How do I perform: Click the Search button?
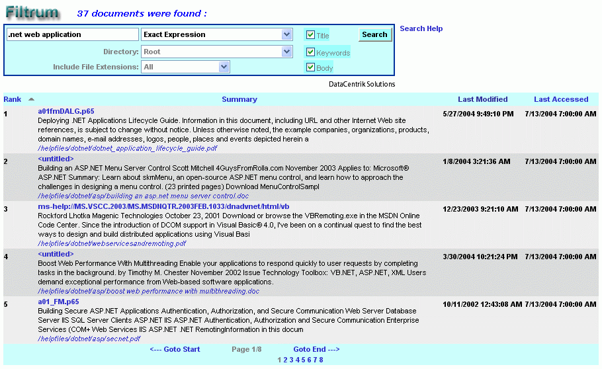pos(374,34)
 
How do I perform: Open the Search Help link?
pos(421,28)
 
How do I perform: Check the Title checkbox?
pos(310,35)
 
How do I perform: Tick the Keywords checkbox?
pos(310,52)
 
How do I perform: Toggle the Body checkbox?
pos(310,67)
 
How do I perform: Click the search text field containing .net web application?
pos(71,34)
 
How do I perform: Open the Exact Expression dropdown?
pos(217,34)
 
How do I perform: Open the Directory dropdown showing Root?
pos(217,52)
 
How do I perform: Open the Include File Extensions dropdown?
pos(186,67)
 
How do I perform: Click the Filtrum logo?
pos(32,12)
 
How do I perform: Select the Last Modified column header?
pos(482,99)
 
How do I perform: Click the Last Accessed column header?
pos(561,99)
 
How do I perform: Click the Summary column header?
pos(239,99)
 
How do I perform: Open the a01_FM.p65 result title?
pos(58,302)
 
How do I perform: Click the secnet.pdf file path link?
pos(89,339)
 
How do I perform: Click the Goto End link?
pos(316,349)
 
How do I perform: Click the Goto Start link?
pos(175,349)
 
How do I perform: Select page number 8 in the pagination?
pos(321,360)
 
